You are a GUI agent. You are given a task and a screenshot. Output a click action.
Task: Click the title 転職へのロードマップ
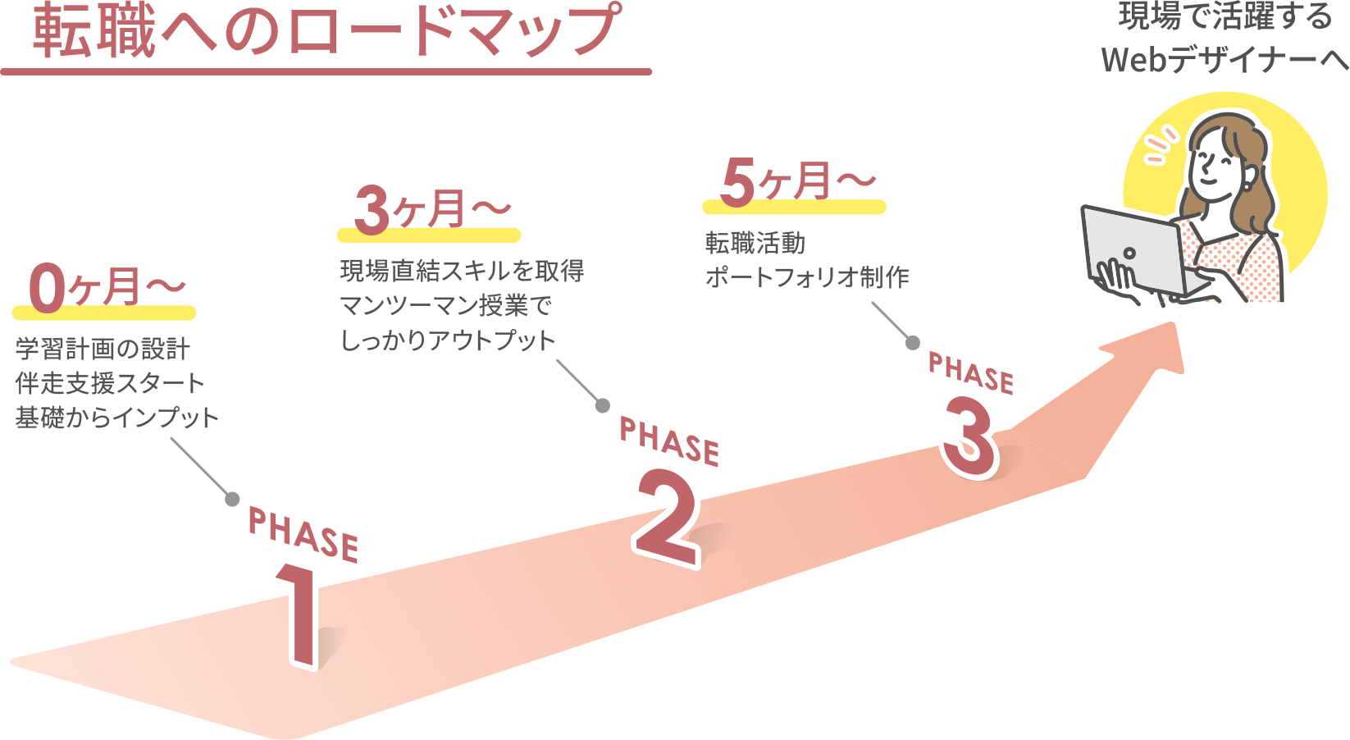(326, 31)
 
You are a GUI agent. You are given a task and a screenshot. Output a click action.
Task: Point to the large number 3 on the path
(969, 435)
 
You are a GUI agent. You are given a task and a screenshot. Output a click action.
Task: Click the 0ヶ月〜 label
(106, 288)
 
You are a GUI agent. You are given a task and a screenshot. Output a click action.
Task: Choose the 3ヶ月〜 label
(431, 209)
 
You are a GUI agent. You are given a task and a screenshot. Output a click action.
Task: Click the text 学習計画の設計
(103, 349)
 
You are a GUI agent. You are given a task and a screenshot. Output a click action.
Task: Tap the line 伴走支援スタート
(110, 383)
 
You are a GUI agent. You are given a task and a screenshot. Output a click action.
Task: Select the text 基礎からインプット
(117, 418)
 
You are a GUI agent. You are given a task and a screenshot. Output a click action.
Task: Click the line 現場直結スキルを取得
(462, 271)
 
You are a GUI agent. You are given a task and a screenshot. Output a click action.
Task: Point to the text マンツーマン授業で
(446, 306)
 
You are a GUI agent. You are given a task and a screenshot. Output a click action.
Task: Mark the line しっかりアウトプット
(448, 340)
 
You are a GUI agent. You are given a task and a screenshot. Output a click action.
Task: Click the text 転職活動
(755, 244)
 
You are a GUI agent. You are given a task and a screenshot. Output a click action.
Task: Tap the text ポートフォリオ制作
(807, 277)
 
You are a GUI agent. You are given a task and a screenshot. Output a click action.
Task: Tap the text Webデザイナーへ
(1225, 60)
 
